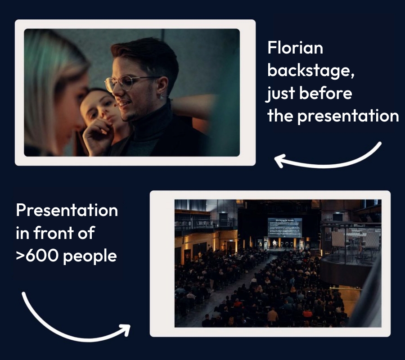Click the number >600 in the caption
(x=37, y=256)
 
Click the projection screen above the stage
(x=284, y=227)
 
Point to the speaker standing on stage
(x=274, y=243)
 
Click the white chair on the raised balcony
(x=338, y=238)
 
